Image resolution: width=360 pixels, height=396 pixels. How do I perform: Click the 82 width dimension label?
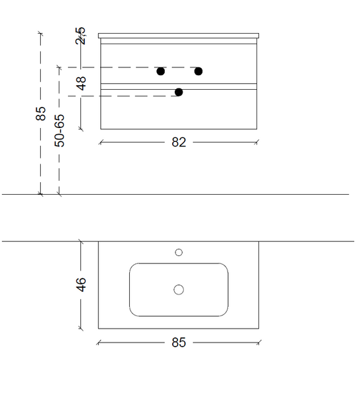tap(179, 143)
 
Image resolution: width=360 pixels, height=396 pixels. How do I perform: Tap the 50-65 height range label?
tap(59, 131)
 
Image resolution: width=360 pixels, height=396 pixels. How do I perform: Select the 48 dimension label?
tap(82, 83)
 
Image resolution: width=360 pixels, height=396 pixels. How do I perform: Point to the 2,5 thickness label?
tap(80, 36)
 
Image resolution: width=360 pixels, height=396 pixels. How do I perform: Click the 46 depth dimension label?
tap(81, 284)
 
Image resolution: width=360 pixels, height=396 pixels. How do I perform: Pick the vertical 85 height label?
tap(41, 114)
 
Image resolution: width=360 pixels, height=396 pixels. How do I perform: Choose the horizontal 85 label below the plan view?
tap(179, 343)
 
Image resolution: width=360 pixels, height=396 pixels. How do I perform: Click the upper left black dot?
tap(161, 71)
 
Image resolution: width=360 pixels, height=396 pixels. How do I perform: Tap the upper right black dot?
tap(198, 71)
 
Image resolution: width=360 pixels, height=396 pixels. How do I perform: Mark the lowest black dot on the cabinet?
tap(179, 92)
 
